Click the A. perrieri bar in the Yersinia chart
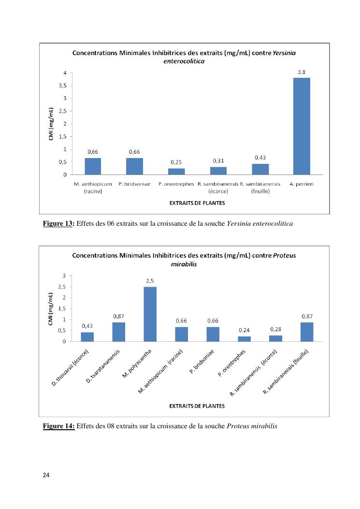point(302,126)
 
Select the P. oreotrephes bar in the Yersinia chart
point(176,171)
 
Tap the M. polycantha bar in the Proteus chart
point(150,314)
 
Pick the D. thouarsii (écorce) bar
point(87,336)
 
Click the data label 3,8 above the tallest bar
point(302,72)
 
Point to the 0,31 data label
point(218,160)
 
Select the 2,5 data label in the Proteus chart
point(150,280)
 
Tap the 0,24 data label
point(244,331)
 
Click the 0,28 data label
point(275,329)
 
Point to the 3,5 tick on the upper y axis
point(63,86)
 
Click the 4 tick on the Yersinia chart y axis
point(65,73)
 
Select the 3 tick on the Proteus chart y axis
point(64,276)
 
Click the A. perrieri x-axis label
point(301,184)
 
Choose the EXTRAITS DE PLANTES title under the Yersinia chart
point(197,203)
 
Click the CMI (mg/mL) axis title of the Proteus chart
point(51,308)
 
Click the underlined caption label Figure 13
point(58,223)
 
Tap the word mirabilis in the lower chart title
point(184,264)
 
